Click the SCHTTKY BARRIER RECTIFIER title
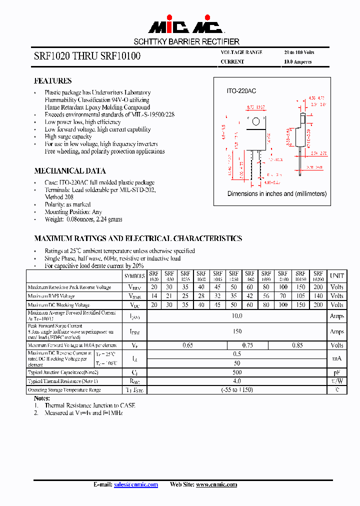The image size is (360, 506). coord(186,41)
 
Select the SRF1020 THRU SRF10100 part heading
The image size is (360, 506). coord(87,57)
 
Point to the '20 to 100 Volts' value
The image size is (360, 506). coord(299,52)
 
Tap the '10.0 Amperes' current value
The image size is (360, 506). coord(297,62)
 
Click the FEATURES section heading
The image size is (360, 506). coord(52,81)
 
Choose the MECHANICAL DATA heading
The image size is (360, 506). coord(69,171)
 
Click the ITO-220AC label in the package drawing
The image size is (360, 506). coord(241,91)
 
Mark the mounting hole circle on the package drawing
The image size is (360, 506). coord(256,121)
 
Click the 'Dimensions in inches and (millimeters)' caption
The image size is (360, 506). coord(277,193)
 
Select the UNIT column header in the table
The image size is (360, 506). coord(337,275)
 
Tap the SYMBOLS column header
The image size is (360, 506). coord(134,275)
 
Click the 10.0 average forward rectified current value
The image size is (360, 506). coord(237,316)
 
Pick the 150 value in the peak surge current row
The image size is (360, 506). coord(237,331)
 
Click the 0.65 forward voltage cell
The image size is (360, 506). coord(187,345)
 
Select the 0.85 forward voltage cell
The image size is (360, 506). coord(297,345)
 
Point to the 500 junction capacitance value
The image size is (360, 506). coord(237,372)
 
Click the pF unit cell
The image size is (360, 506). coord(337,372)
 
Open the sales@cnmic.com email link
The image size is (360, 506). coord(136,484)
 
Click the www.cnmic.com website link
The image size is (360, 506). coord(216,484)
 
